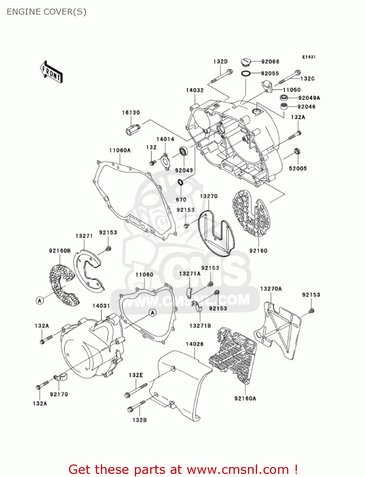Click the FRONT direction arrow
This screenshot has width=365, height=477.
51,72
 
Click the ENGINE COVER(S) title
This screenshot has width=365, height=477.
46,12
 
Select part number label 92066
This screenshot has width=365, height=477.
270,61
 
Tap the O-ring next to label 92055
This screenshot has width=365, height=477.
245,73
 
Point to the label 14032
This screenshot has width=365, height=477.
195,90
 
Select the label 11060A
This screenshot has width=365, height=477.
120,150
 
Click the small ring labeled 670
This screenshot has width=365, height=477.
180,183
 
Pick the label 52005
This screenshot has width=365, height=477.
298,169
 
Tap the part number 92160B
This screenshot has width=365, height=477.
60,251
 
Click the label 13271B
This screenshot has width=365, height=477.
200,326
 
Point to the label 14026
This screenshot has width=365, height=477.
194,344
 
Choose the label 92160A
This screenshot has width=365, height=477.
245,398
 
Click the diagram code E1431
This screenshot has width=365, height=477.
309,57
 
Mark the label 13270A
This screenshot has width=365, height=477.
271,289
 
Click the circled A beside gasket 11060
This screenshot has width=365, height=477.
153,313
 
